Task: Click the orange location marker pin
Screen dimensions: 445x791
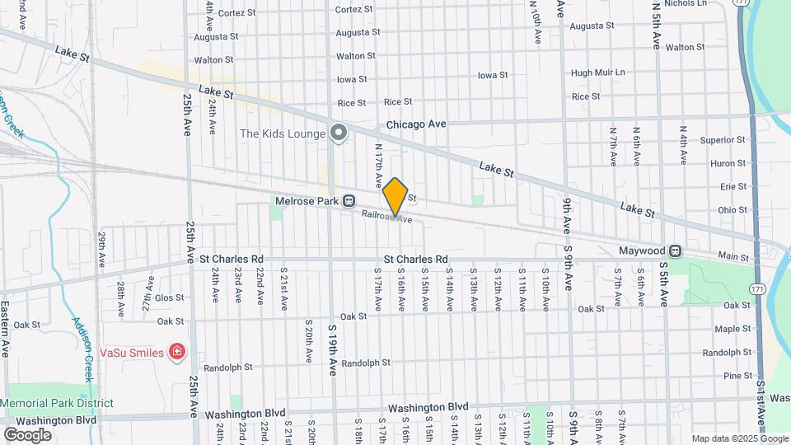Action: (395, 196)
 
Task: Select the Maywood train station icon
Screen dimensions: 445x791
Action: (676, 251)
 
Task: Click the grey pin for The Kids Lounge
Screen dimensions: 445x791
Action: (338, 132)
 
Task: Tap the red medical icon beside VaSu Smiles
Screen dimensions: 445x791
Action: (176, 353)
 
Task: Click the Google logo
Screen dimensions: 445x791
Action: (27, 434)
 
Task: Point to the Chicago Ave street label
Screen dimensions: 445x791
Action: (416, 124)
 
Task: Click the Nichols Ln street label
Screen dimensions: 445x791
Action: (685, 3)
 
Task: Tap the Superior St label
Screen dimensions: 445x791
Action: (722, 140)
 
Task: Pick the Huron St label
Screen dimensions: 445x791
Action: (728, 163)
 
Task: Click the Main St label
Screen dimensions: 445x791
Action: (732, 257)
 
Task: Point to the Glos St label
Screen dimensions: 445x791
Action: (169, 297)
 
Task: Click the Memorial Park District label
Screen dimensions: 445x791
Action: (57, 403)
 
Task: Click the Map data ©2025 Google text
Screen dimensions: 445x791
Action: (739, 438)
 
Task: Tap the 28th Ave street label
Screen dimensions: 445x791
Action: (120, 297)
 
